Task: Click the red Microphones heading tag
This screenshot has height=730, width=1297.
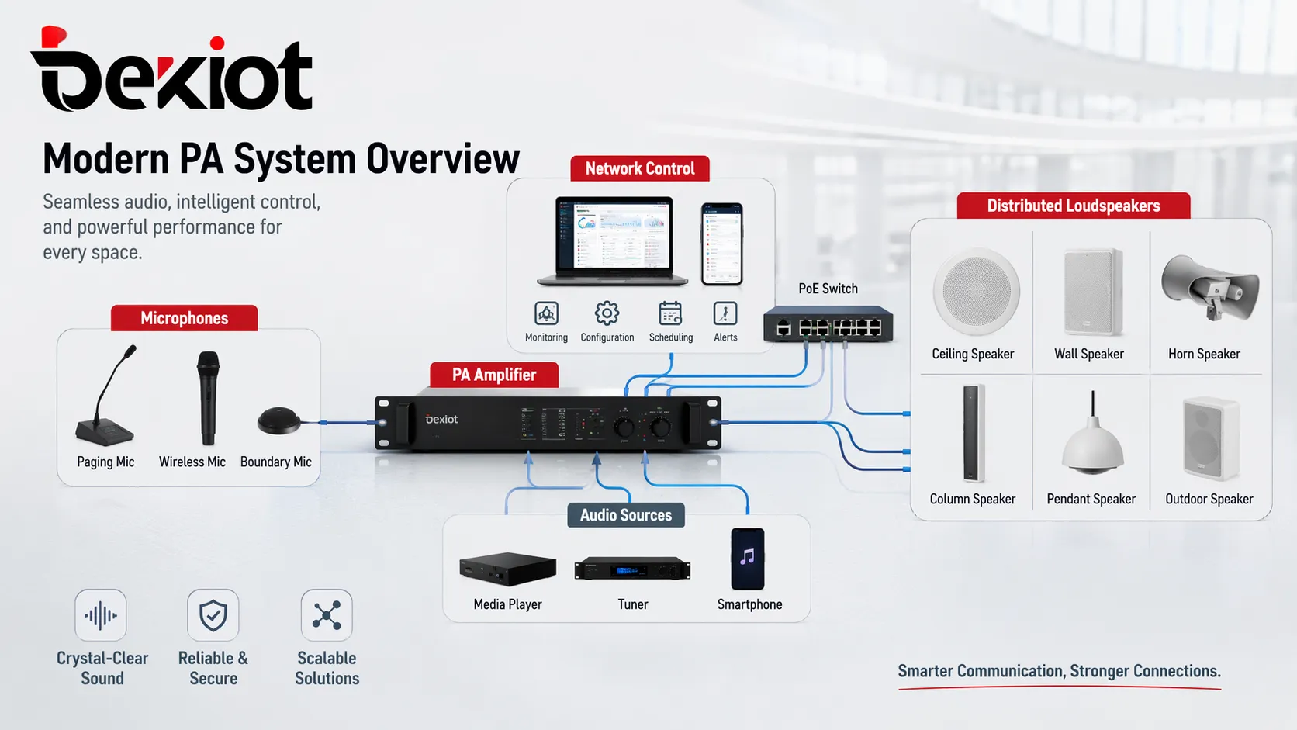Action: click(x=184, y=318)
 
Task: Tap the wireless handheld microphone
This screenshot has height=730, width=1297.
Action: click(x=208, y=397)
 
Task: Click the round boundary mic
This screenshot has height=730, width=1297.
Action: click(x=278, y=420)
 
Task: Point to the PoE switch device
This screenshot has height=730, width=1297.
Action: click(x=828, y=324)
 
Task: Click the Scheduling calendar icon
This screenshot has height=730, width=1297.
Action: click(x=670, y=313)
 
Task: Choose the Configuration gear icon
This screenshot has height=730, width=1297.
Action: click(x=607, y=313)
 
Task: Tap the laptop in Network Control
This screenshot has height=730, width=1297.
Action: click(x=614, y=240)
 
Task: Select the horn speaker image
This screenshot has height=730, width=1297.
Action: click(x=1209, y=288)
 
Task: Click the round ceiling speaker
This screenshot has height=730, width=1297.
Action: click(x=976, y=292)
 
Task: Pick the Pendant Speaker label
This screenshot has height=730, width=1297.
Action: click(x=1091, y=499)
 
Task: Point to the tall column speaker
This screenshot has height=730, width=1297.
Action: click(x=973, y=433)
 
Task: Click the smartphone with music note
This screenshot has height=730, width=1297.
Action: click(x=748, y=559)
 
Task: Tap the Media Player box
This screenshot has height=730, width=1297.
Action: click(x=507, y=569)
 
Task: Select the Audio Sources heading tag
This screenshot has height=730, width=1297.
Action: click(x=625, y=515)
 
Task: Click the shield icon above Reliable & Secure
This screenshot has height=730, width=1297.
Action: click(x=213, y=615)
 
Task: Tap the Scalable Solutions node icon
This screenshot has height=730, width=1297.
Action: click(x=327, y=615)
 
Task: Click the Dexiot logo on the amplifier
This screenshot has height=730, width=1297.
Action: click(x=441, y=419)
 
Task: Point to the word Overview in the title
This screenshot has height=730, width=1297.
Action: click(x=442, y=159)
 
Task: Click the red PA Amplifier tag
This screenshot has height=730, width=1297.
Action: click(x=494, y=375)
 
